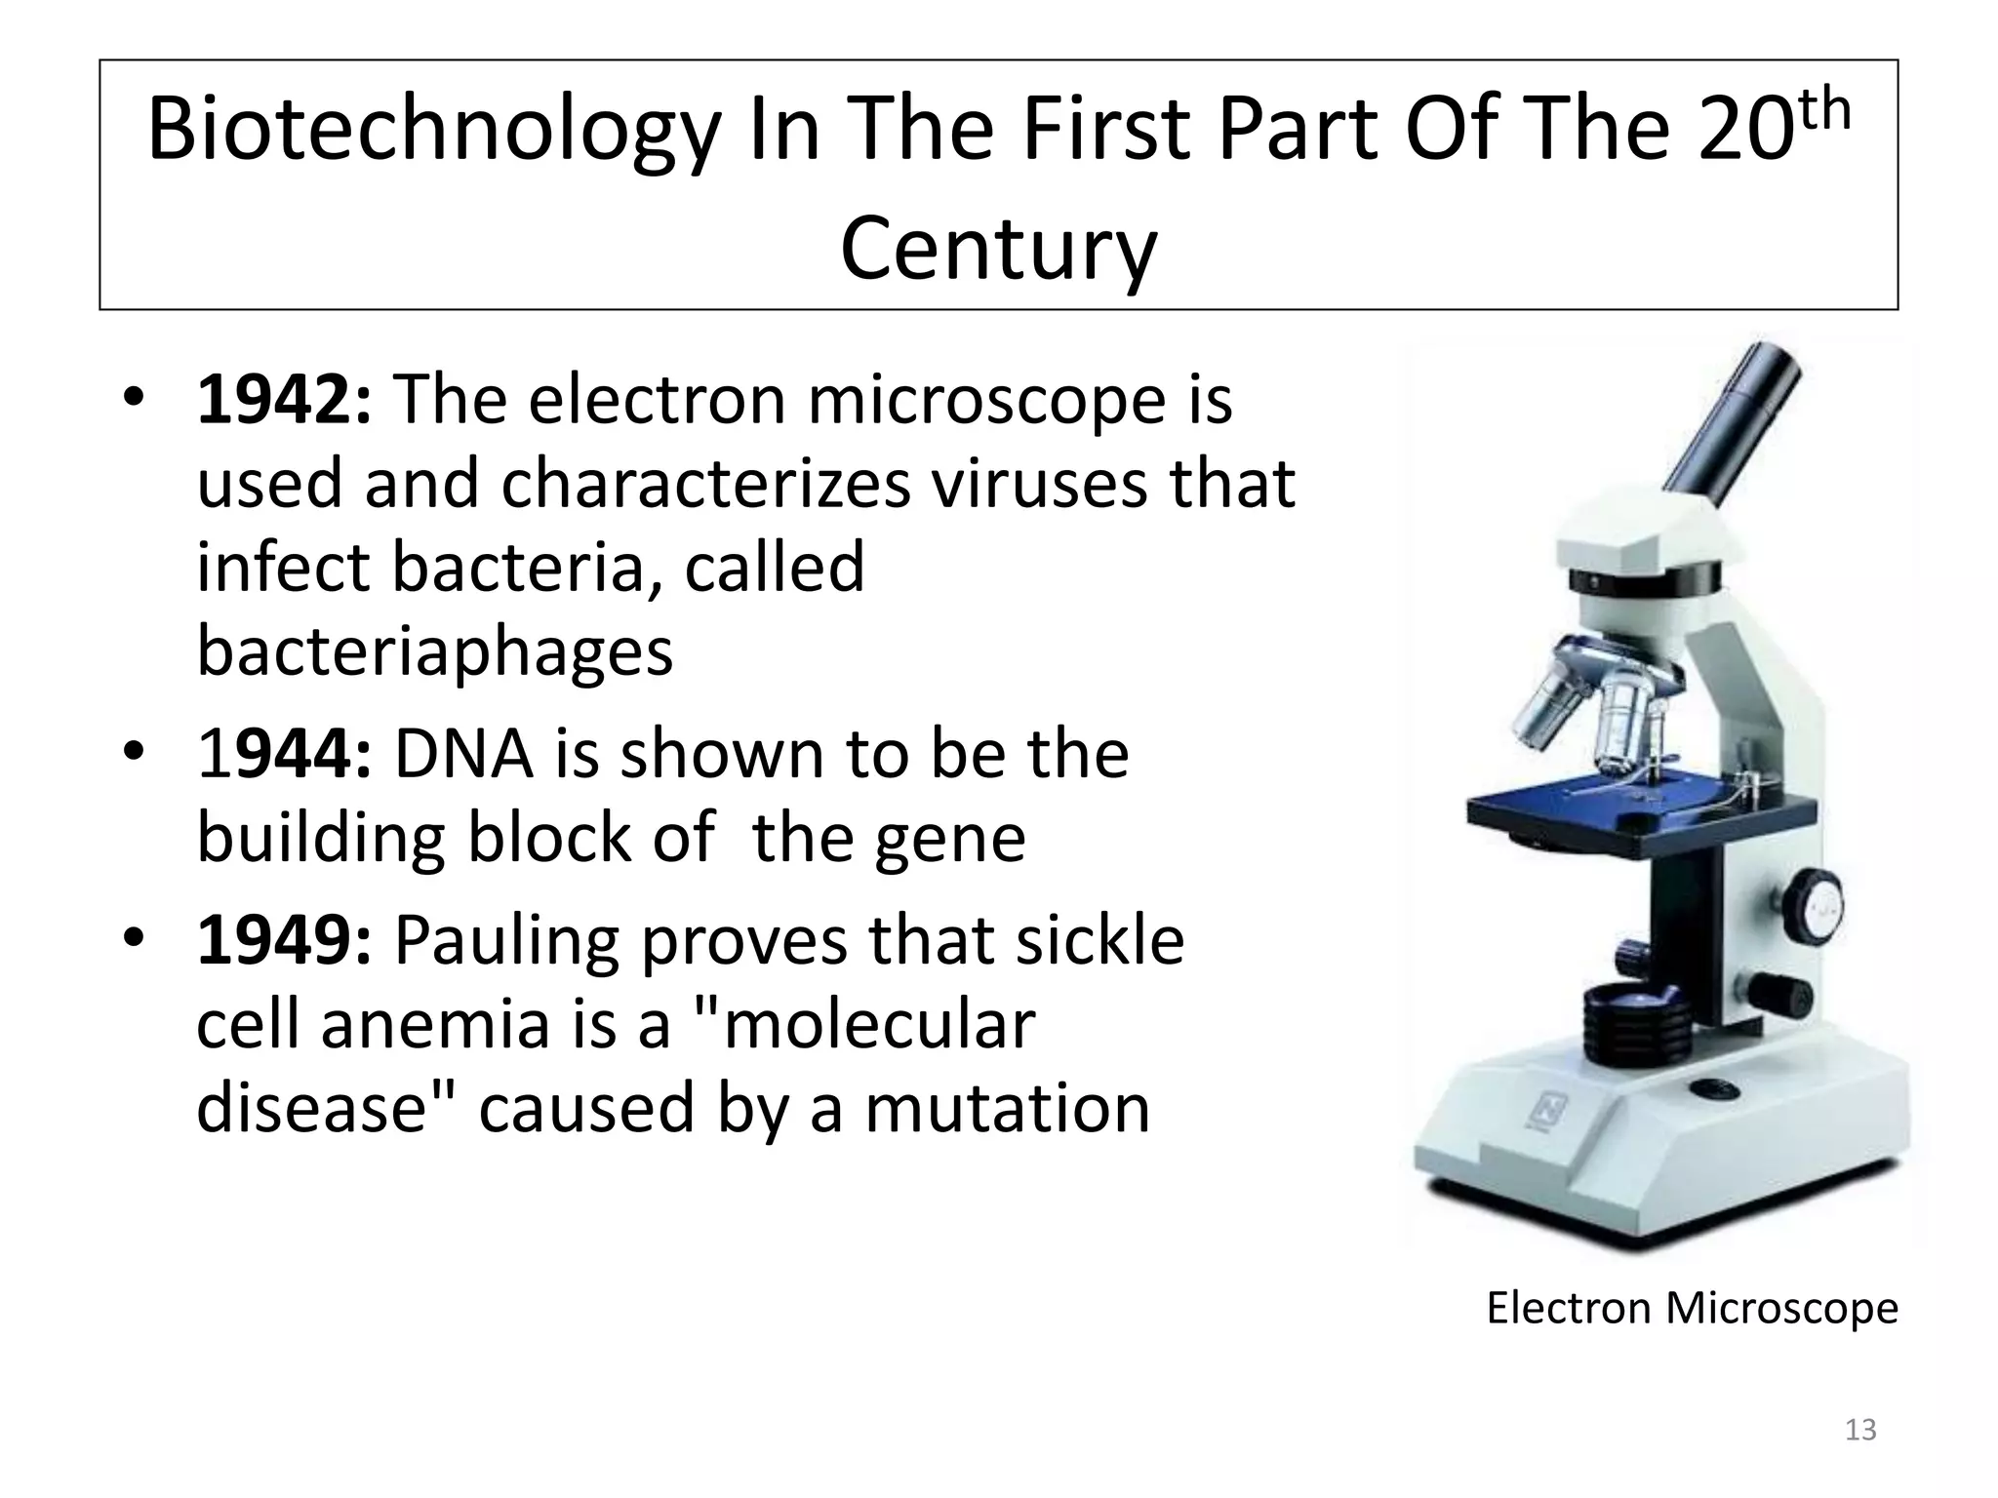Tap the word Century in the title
998,250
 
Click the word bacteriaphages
434,651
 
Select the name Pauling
504,942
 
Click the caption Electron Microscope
1692,1308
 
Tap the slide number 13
1860,1430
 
